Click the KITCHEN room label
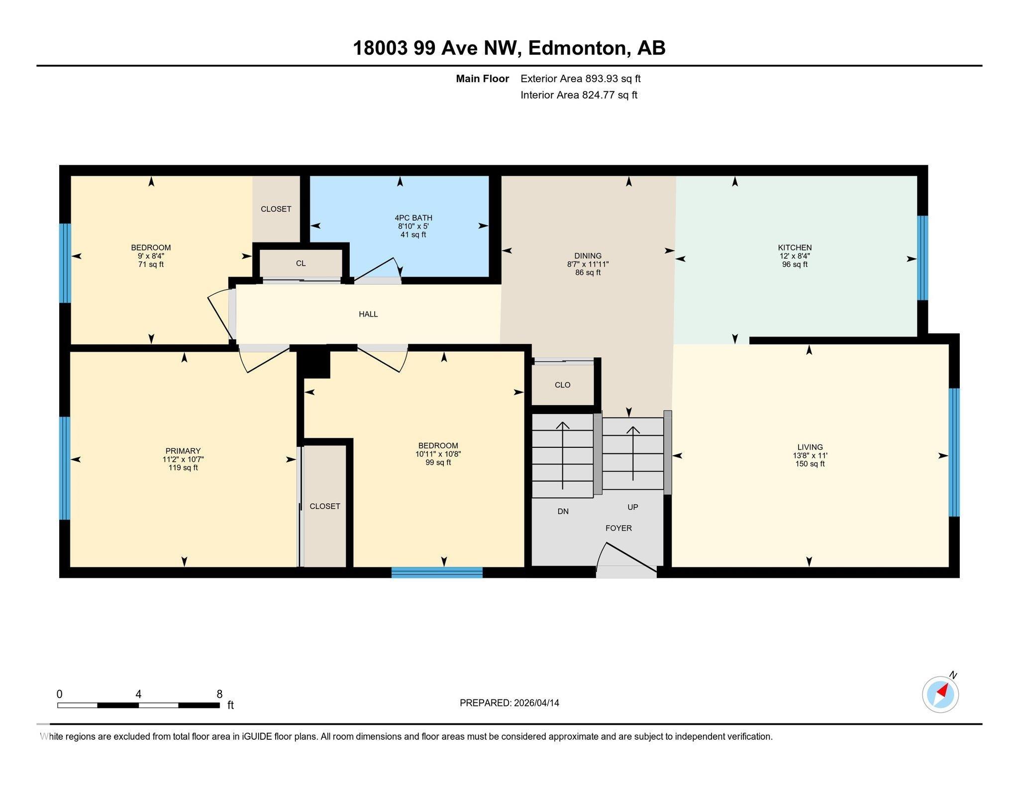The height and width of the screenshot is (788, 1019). tap(795, 248)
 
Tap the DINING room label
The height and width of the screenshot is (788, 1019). tap(588, 256)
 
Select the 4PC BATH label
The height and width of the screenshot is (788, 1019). tap(413, 218)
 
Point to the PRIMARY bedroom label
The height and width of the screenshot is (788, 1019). tap(183, 451)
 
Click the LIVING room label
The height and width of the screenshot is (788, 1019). tap(810, 447)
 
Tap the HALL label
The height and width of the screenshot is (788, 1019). tap(368, 314)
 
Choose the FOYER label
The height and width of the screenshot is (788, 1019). tap(618, 528)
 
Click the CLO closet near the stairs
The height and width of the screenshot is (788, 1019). tap(563, 385)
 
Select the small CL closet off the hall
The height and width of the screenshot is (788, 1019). tap(301, 263)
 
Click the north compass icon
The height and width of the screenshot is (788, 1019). tap(940, 694)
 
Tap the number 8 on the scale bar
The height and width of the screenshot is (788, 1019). tap(219, 694)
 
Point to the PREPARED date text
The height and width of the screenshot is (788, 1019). tap(509, 703)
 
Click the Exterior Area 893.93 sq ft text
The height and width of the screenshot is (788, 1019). tap(581, 79)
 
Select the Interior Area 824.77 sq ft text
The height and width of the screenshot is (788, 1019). tap(579, 95)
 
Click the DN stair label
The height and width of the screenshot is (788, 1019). tap(563, 512)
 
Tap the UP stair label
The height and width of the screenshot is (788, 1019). tap(633, 507)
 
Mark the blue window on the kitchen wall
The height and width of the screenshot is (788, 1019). tap(922, 258)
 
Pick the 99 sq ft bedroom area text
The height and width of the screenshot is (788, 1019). tap(438, 463)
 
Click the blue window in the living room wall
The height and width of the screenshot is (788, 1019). tap(954, 452)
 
